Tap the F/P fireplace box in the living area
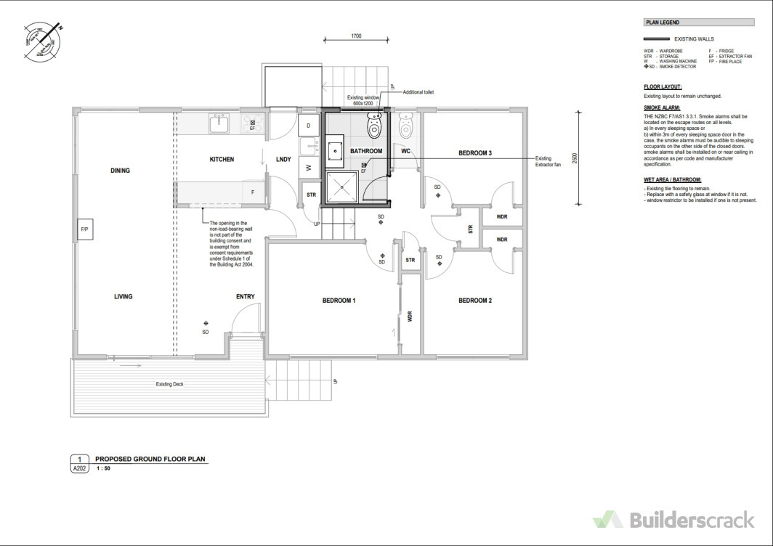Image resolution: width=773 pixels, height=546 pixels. tap(82, 230)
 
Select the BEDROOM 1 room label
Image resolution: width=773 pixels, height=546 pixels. tap(339, 301)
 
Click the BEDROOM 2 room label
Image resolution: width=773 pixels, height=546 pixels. tap(475, 301)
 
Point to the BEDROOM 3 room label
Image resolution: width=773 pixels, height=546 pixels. tap(475, 153)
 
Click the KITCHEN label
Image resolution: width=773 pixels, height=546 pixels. tap(222, 159)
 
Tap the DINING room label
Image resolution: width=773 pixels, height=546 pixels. tap(120, 171)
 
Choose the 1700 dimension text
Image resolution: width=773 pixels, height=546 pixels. tap(356, 36)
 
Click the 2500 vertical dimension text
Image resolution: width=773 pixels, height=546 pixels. tap(574, 158)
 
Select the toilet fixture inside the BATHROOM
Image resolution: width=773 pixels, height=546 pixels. tap(375, 129)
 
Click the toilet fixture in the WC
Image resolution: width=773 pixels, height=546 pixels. tap(406, 126)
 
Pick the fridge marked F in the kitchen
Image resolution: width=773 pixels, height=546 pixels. tap(253, 192)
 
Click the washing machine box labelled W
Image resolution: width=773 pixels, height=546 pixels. tap(308, 167)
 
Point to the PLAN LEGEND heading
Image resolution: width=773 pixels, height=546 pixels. tap(663, 23)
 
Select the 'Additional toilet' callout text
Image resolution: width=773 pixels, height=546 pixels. tap(418, 92)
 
